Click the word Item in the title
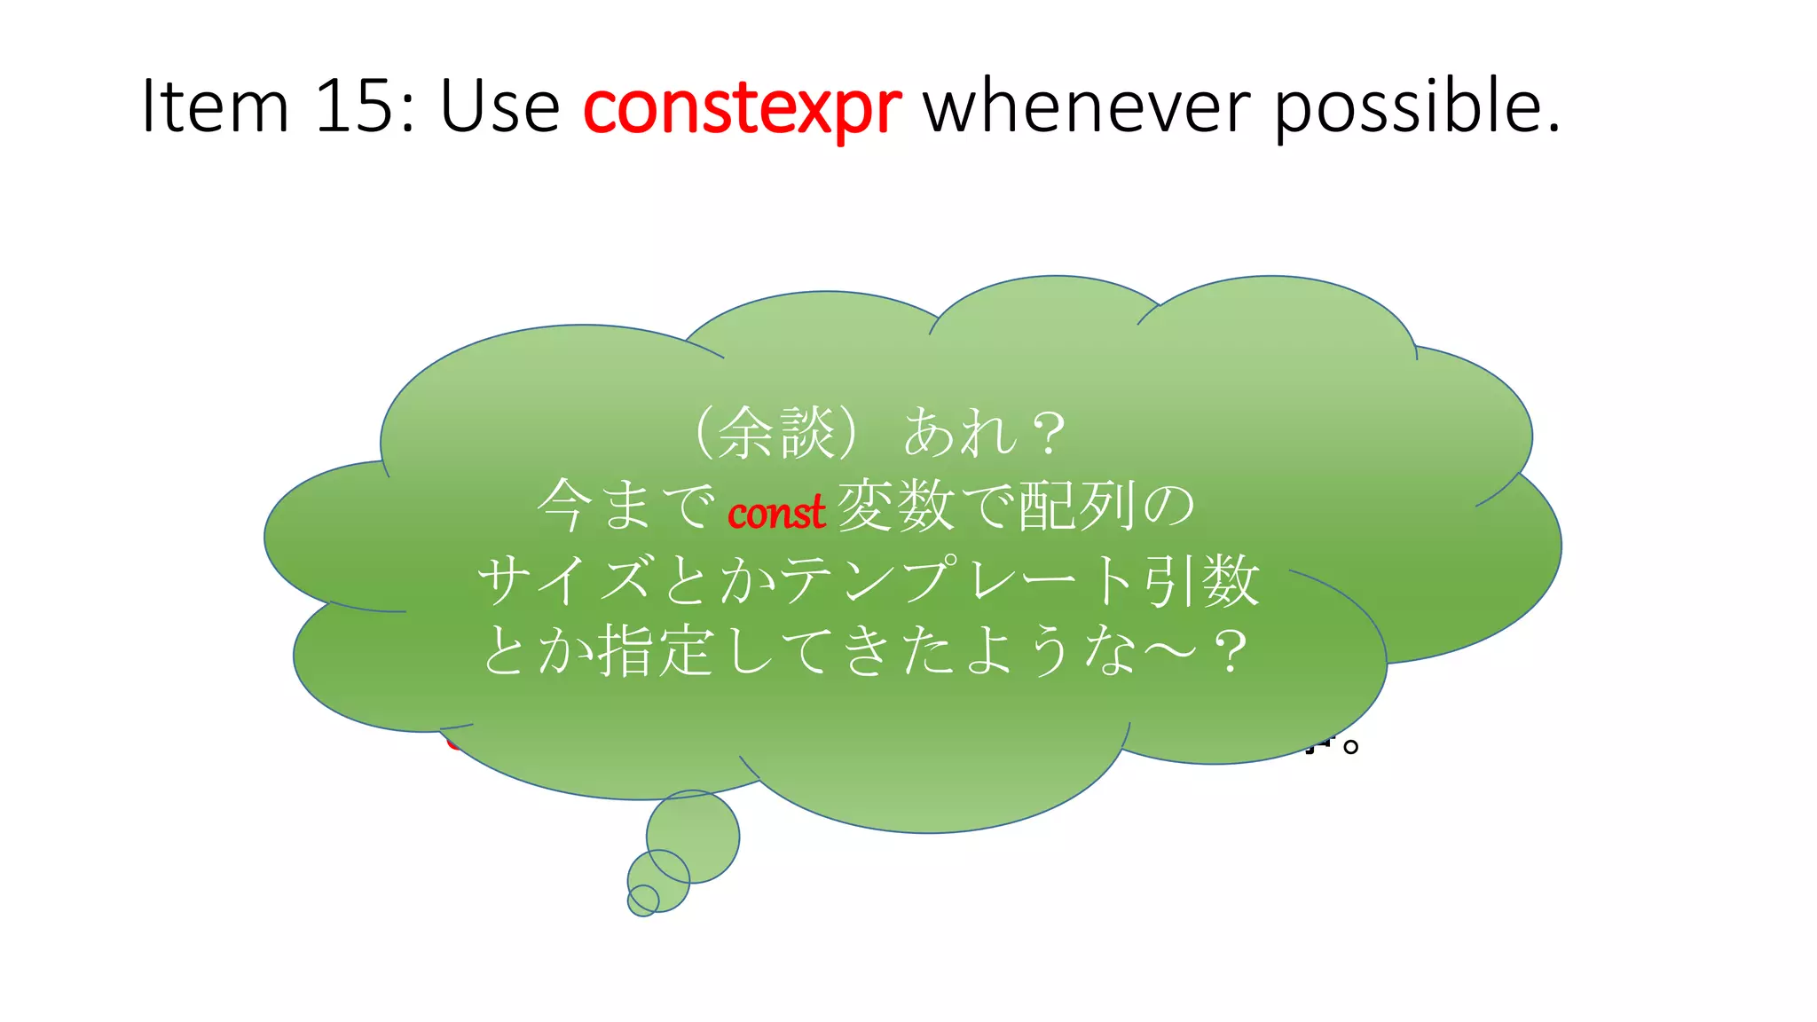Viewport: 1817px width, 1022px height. [216, 106]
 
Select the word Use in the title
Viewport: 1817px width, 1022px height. [499, 106]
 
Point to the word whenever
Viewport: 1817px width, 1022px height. [1087, 106]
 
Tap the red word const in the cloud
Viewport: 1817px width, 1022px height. [776, 513]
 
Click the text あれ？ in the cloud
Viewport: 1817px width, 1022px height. [985, 434]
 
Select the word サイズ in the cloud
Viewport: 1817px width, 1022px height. [565, 580]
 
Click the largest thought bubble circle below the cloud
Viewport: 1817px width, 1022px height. [693, 837]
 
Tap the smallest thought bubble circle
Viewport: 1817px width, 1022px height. [643, 900]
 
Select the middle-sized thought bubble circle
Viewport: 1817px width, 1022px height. [658, 880]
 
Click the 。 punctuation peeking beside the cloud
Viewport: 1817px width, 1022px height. [1350, 746]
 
